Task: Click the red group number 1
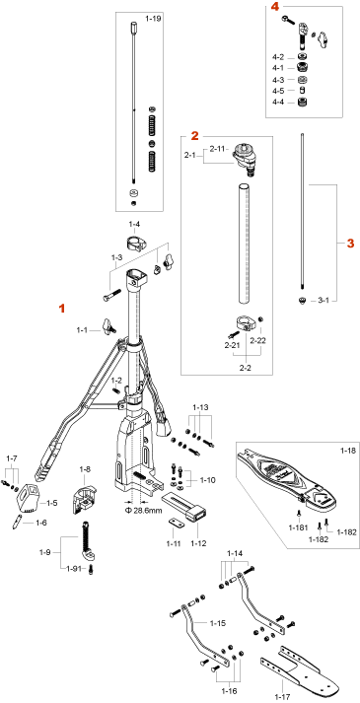pyautogui.click(x=63, y=309)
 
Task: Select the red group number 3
pyautogui.click(x=350, y=244)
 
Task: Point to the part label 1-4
pyautogui.click(x=134, y=224)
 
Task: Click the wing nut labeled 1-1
pyautogui.click(x=108, y=325)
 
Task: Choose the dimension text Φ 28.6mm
pyautogui.click(x=143, y=511)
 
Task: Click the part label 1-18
pyautogui.click(x=346, y=449)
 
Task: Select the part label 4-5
pyautogui.click(x=277, y=91)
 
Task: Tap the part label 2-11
pyautogui.click(x=218, y=149)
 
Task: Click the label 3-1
pyautogui.click(x=324, y=301)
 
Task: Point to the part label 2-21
pyautogui.click(x=232, y=345)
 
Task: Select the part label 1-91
pyautogui.click(x=74, y=569)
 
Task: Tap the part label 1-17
pyautogui.click(x=282, y=698)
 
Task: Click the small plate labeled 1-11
pyautogui.click(x=177, y=523)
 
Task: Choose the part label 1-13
pyautogui.click(x=201, y=407)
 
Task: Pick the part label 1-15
pyautogui.click(x=217, y=623)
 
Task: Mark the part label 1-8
pyautogui.click(x=85, y=469)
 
